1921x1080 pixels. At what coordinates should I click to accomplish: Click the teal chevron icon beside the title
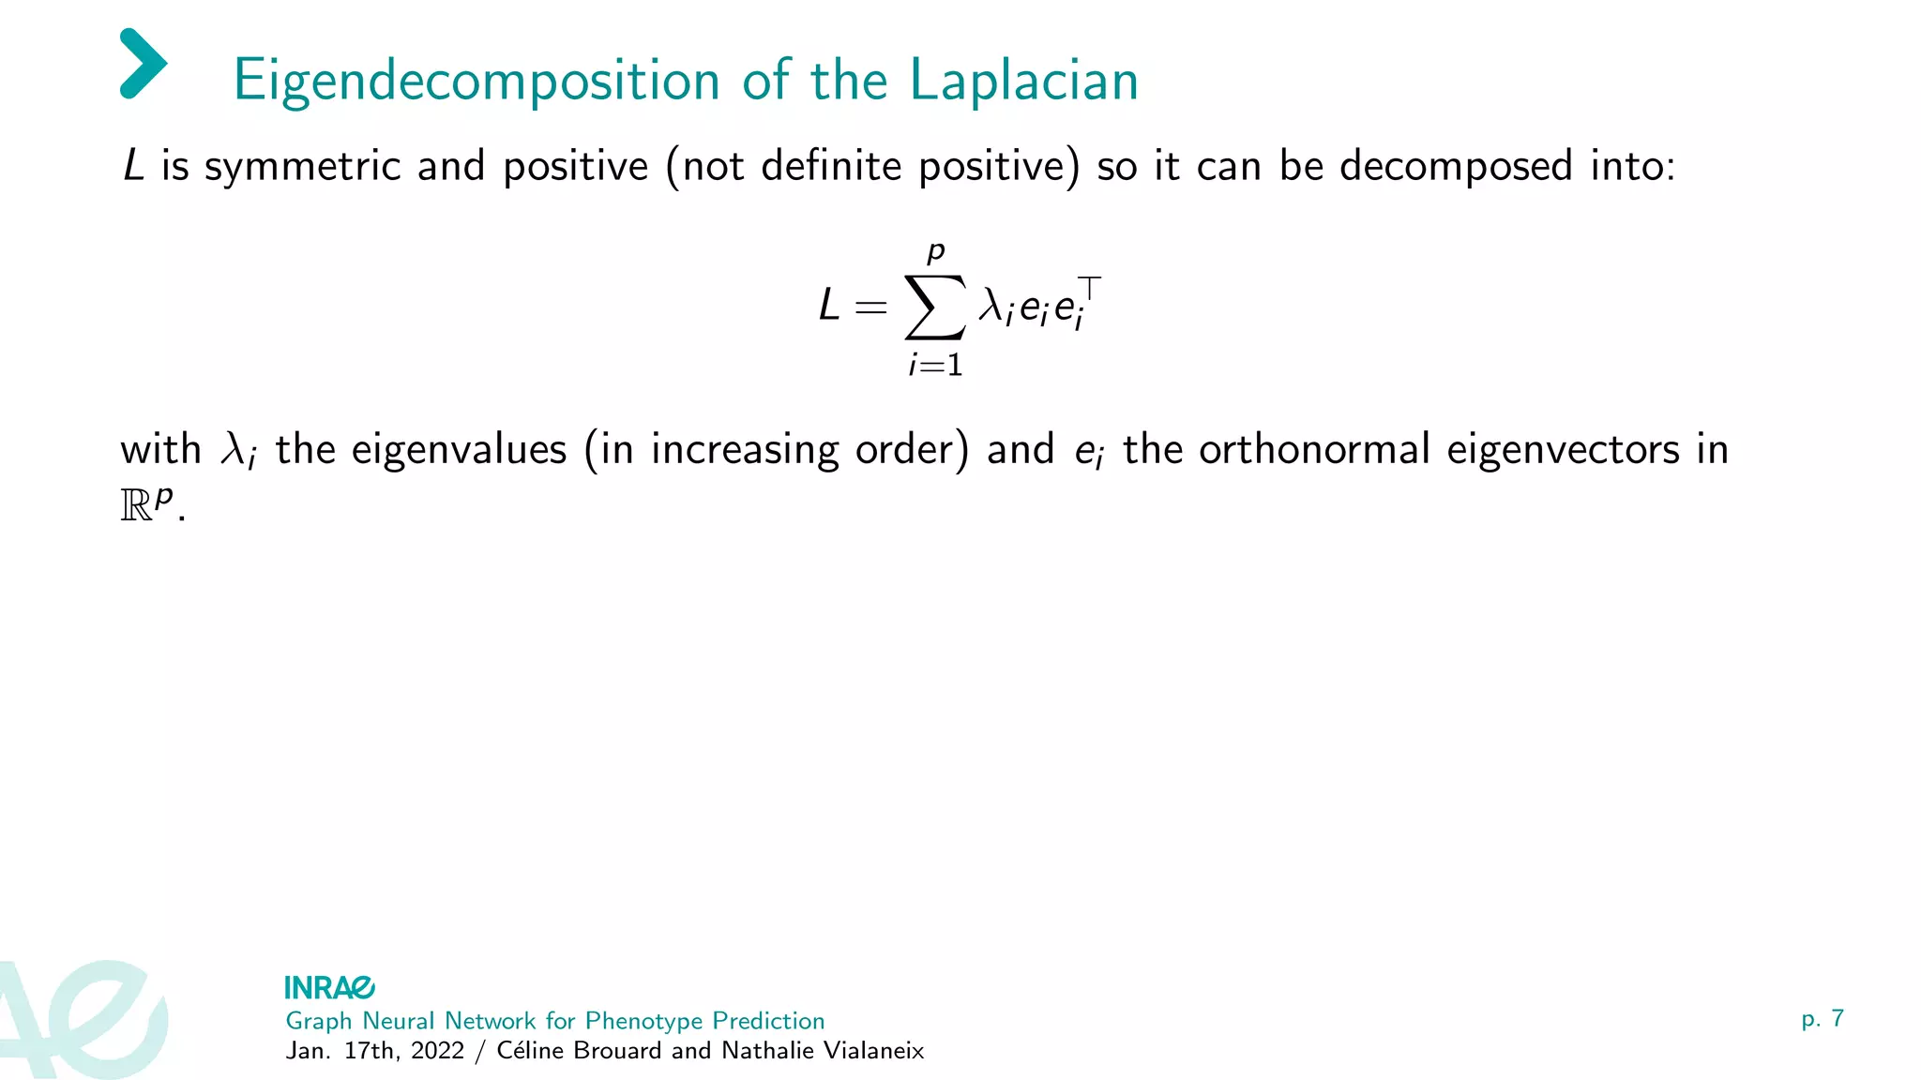coord(143,64)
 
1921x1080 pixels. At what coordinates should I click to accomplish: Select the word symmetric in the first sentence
coord(302,168)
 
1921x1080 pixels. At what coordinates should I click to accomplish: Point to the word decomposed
coord(1455,168)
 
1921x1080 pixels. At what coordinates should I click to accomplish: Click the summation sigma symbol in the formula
coord(934,307)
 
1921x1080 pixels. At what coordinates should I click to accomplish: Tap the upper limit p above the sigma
coord(935,252)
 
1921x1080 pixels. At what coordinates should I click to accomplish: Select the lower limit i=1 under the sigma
coord(935,365)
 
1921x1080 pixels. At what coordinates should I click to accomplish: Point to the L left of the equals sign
coord(828,306)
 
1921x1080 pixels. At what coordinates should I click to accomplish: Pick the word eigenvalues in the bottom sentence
coord(459,450)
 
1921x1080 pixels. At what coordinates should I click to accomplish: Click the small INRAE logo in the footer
coord(329,987)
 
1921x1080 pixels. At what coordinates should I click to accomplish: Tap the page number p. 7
coord(1822,1019)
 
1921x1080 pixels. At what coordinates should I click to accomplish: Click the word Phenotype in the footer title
coord(643,1021)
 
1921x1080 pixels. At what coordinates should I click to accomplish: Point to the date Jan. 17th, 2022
coord(375,1051)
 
